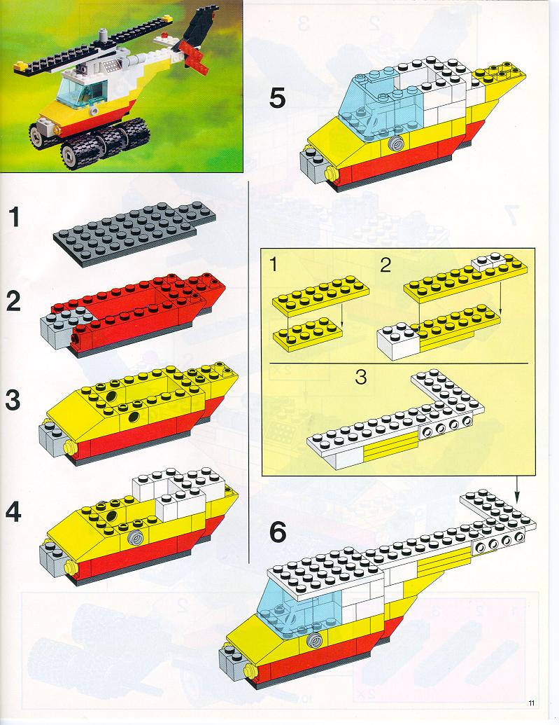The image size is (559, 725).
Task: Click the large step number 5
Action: [278, 99]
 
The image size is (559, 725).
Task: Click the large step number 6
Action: [278, 532]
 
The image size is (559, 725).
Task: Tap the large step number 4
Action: [13, 511]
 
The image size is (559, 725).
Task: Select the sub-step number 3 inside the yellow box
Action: [361, 377]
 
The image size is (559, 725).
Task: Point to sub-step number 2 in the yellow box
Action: [385, 265]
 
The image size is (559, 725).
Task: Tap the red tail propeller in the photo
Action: [194, 58]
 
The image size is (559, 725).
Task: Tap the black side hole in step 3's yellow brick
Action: [134, 417]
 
